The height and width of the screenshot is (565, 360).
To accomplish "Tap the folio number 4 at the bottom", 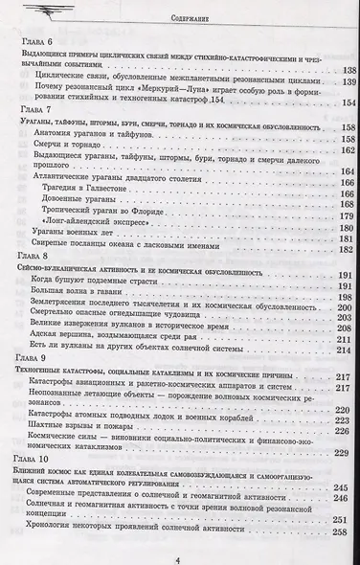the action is click(179, 554).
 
